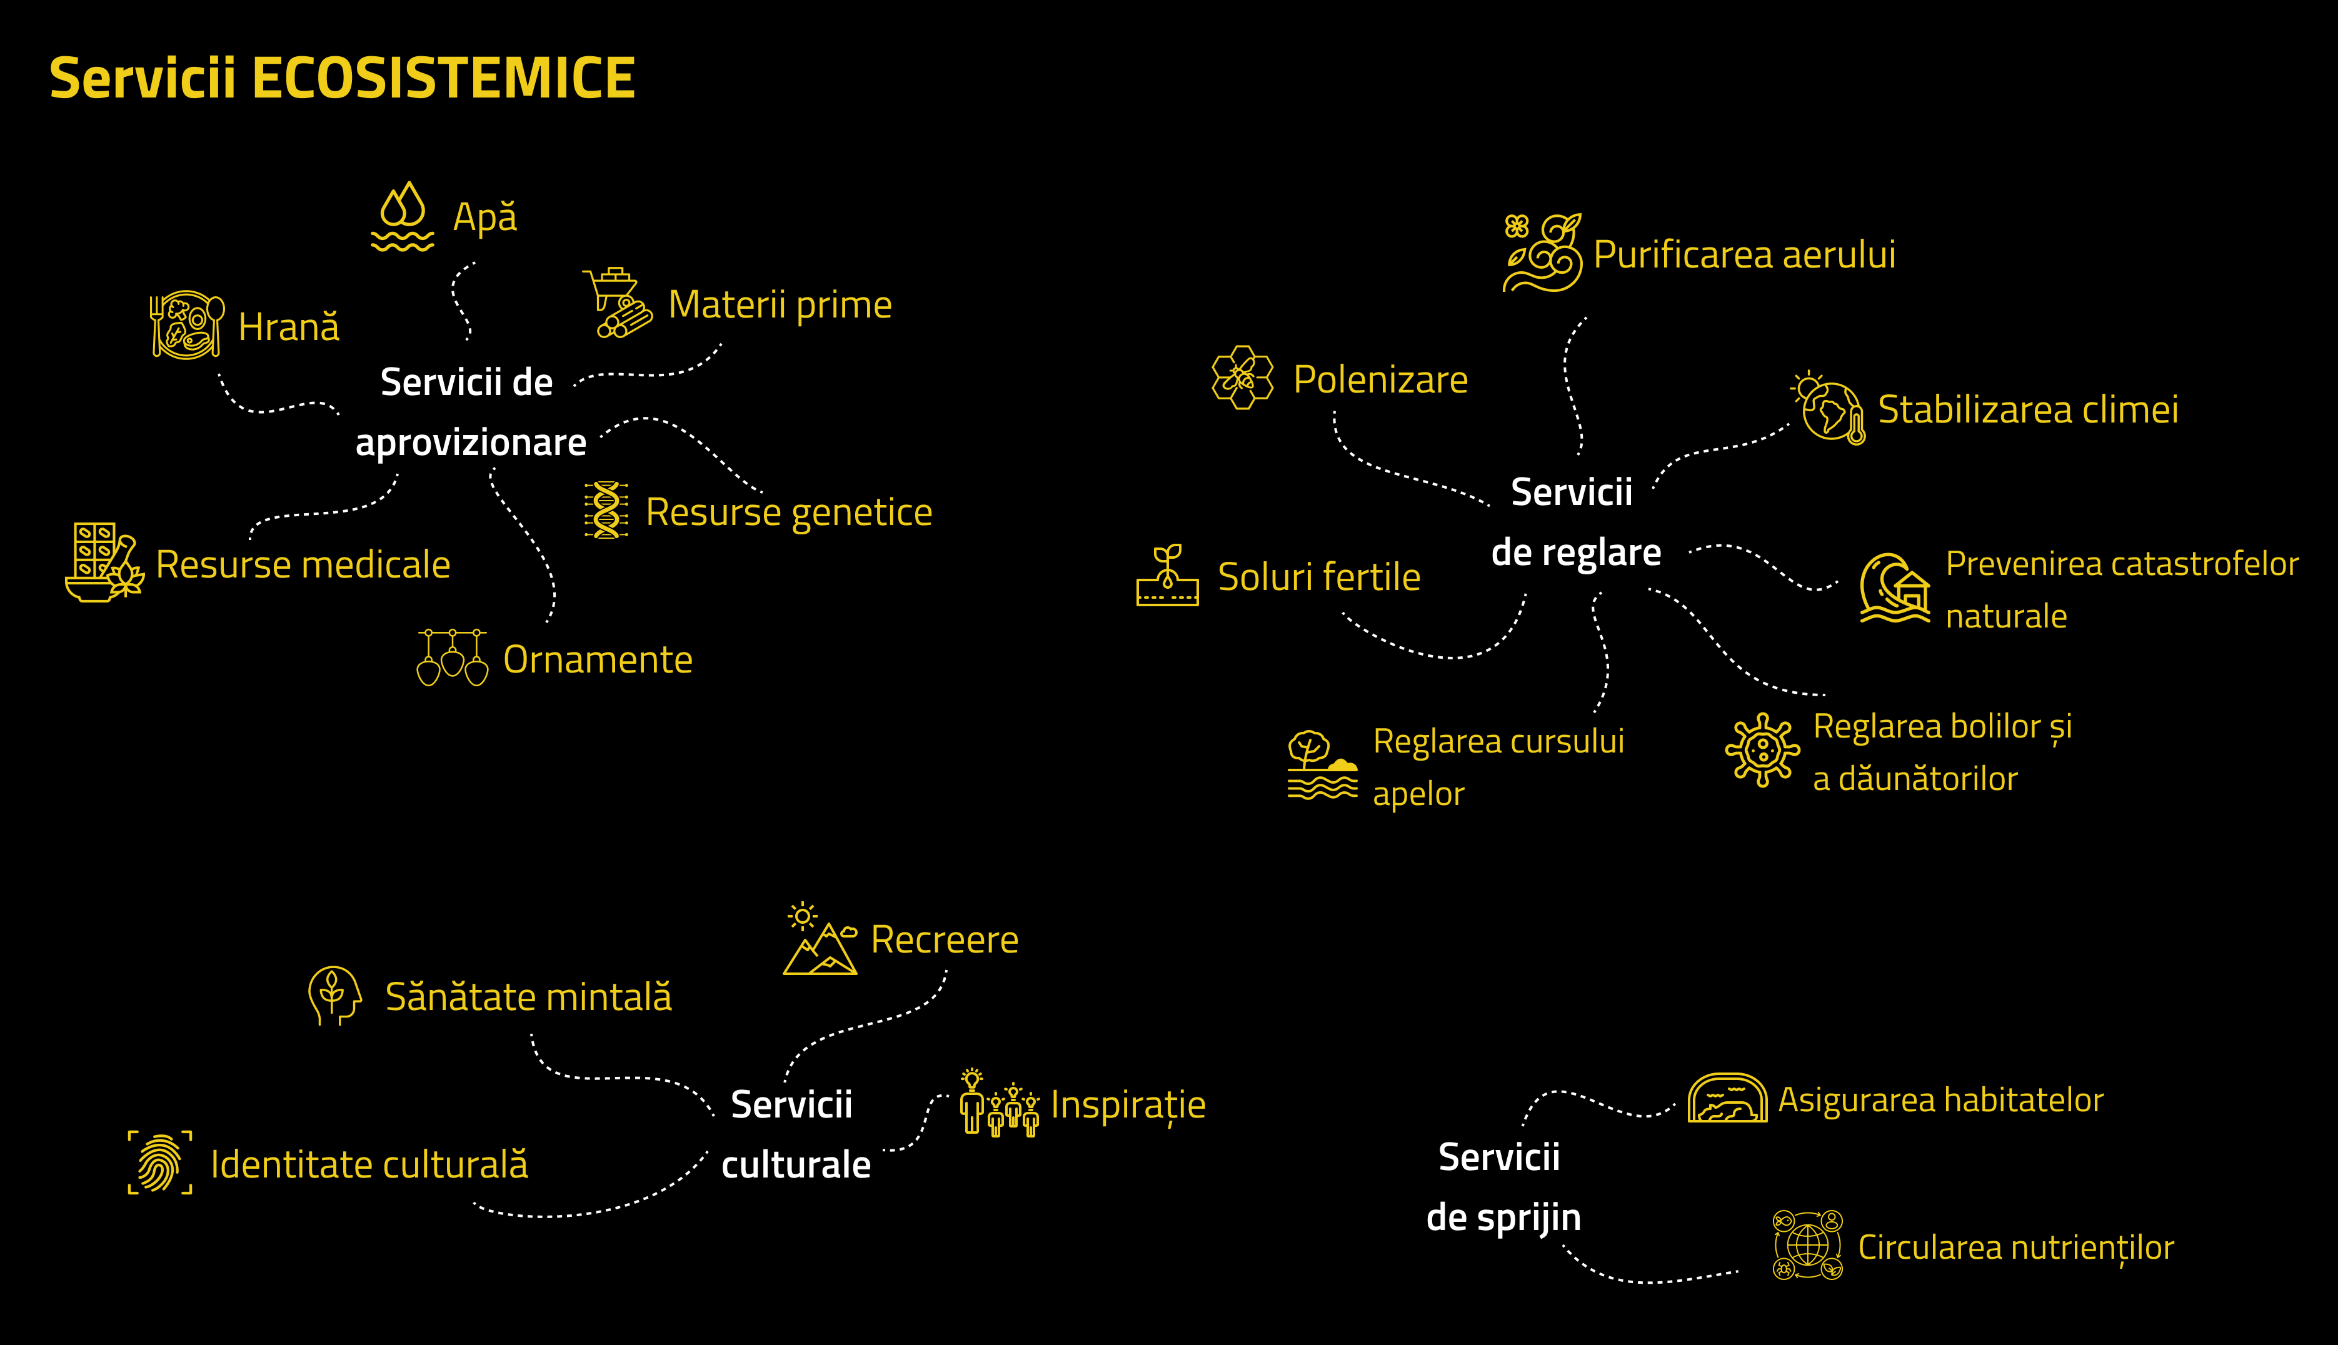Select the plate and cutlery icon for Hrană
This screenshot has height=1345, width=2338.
[188, 324]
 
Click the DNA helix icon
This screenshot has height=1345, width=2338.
[606, 510]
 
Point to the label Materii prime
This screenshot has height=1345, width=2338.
[780, 305]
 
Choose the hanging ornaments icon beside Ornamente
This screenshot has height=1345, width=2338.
[452, 657]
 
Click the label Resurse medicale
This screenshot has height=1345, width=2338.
[303, 564]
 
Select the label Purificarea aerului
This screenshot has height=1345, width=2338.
[1744, 255]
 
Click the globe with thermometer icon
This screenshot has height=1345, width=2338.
[1829, 409]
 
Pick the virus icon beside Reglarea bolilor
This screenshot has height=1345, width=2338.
[1762, 750]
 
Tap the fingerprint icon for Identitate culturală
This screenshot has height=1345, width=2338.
[160, 1163]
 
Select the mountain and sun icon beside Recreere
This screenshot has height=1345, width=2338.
[820, 939]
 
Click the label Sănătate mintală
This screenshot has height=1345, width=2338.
[528, 997]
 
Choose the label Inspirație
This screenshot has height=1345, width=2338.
[1128, 1106]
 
